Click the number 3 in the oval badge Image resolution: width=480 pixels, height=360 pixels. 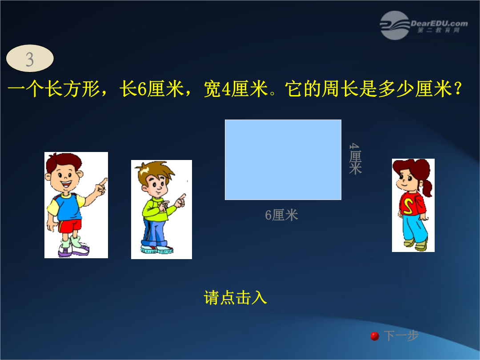(x=30, y=59)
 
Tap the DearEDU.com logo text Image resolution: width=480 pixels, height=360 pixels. (x=439, y=24)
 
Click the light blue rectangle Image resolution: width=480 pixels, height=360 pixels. (x=283, y=160)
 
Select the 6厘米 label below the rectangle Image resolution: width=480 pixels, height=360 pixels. (x=281, y=215)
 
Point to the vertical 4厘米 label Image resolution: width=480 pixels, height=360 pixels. (x=355, y=159)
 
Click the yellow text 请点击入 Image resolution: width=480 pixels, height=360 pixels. (x=235, y=297)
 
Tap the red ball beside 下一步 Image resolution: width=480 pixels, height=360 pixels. (x=375, y=336)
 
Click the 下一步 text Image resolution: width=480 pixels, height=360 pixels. (x=401, y=336)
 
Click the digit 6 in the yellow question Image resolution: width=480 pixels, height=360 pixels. (x=142, y=89)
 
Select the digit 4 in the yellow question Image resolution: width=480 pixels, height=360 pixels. (x=226, y=89)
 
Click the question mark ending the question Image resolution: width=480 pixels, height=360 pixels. (x=458, y=89)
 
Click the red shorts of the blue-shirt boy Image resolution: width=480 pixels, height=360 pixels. (x=70, y=226)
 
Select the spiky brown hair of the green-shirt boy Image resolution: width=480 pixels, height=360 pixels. (x=155, y=172)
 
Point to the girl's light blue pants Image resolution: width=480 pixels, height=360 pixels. (x=414, y=228)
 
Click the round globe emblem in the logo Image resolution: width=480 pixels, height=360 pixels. (x=395, y=25)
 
